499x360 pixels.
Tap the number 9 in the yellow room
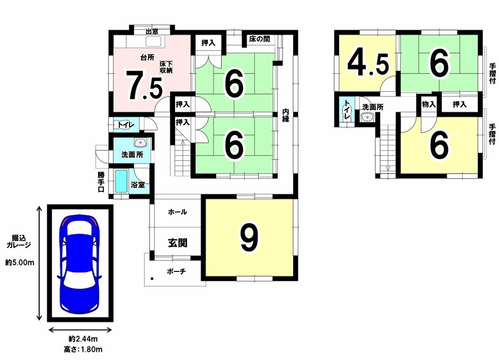pyautogui.click(x=249, y=237)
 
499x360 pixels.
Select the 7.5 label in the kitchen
pyautogui.click(x=144, y=85)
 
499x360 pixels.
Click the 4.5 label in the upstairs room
pyautogui.click(x=368, y=65)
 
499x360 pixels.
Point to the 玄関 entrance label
pyautogui.click(x=178, y=243)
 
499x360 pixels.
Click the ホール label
pyautogui.click(x=178, y=212)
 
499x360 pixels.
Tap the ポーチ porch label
pyautogui.click(x=176, y=271)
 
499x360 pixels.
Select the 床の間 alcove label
pyautogui.click(x=259, y=39)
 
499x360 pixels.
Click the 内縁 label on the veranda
pyautogui.click(x=286, y=115)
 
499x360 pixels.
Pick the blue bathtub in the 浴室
pyautogui.click(x=121, y=181)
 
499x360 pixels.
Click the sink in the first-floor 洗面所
pyautogui.click(x=140, y=143)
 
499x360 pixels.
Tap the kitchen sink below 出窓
pyautogui.click(x=154, y=42)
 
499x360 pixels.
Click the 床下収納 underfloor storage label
pyautogui.click(x=166, y=67)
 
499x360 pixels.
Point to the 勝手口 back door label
pyautogui.click(x=101, y=182)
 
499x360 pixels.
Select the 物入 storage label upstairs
pyautogui.click(x=429, y=104)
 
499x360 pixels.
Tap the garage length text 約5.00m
pyautogui.click(x=19, y=263)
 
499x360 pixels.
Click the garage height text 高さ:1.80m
pyautogui.click(x=83, y=350)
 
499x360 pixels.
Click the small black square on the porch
pyautogui.click(x=152, y=279)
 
